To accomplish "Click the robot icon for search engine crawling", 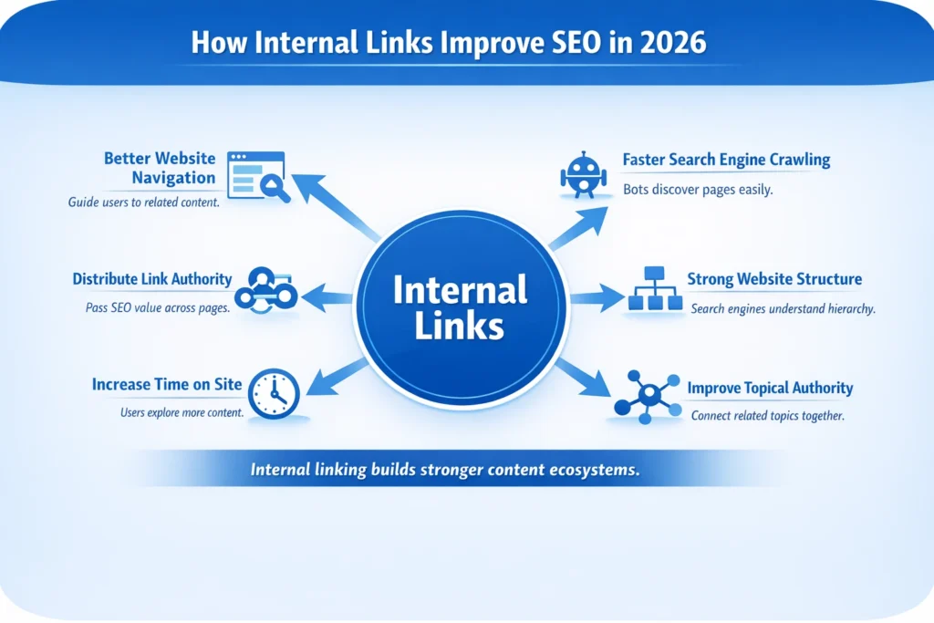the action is pyautogui.click(x=583, y=175).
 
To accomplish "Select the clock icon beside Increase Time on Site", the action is pyautogui.click(x=274, y=394).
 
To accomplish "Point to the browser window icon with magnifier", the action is pyautogui.click(x=258, y=176).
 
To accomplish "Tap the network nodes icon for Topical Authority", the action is pyautogui.click(x=648, y=397).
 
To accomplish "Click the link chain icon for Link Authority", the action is pyautogui.click(x=265, y=291).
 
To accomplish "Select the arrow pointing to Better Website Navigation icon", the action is pyautogui.click(x=336, y=206).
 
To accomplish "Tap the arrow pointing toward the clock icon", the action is pyautogui.click(x=337, y=378).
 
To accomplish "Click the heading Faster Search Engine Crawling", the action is pyautogui.click(x=726, y=160).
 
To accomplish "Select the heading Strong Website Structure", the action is pyautogui.click(x=774, y=279).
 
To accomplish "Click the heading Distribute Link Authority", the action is pyautogui.click(x=152, y=279).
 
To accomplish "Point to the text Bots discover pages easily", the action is pyautogui.click(x=698, y=190).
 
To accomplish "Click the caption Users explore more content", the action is pyautogui.click(x=182, y=412).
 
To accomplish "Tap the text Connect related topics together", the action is pyautogui.click(x=767, y=416).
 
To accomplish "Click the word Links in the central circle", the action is pyautogui.click(x=459, y=326).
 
